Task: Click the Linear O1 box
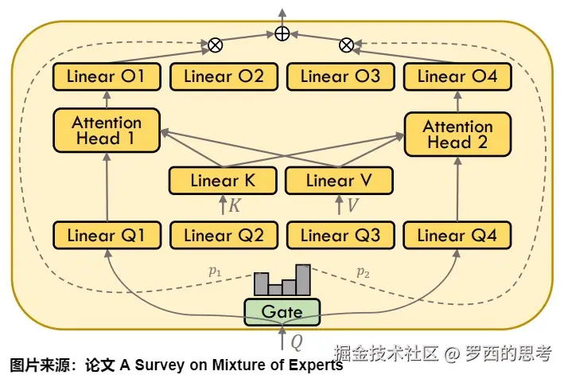(107, 77)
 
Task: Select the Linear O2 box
(224, 77)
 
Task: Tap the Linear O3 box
(340, 77)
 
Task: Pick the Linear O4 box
(457, 77)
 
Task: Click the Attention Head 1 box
(107, 131)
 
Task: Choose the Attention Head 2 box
(457, 135)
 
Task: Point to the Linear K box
(224, 181)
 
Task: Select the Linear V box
(340, 181)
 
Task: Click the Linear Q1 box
(107, 235)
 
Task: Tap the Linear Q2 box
(224, 235)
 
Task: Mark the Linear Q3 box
(340, 235)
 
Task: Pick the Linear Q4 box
(457, 235)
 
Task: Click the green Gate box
(282, 311)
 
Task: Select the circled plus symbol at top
(282, 33)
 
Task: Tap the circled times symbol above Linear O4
(347, 45)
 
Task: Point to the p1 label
(215, 272)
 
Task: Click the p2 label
(363, 272)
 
